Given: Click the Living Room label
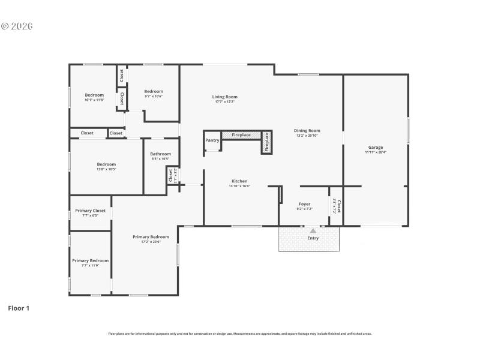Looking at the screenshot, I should click(x=225, y=97).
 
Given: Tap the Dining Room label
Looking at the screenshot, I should click(x=307, y=130).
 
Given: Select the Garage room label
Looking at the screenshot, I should click(x=376, y=147).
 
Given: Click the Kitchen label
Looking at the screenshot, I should click(x=239, y=181).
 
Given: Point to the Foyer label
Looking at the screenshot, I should click(x=304, y=205).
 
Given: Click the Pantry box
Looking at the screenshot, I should click(x=212, y=140).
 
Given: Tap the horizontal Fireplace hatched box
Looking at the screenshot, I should click(x=241, y=135).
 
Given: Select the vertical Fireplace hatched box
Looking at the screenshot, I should click(x=267, y=142).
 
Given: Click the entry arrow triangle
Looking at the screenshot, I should click(x=313, y=230).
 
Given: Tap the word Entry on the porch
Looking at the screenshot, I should click(x=313, y=238).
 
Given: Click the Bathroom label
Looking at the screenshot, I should click(x=160, y=154).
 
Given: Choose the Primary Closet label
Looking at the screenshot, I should click(x=90, y=211).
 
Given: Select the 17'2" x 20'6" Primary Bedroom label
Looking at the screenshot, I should click(x=151, y=237).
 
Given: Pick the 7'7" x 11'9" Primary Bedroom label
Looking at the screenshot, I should click(x=90, y=260).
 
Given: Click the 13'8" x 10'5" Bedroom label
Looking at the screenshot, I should click(x=106, y=164).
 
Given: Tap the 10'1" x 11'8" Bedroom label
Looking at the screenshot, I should click(x=94, y=95).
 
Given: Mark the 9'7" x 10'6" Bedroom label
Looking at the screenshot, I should click(x=154, y=91).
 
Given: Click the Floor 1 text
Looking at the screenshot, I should click(x=18, y=308).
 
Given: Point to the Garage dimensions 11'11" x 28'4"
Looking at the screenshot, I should click(x=376, y=152).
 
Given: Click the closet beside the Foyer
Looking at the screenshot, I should click(x=336, y=207).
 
